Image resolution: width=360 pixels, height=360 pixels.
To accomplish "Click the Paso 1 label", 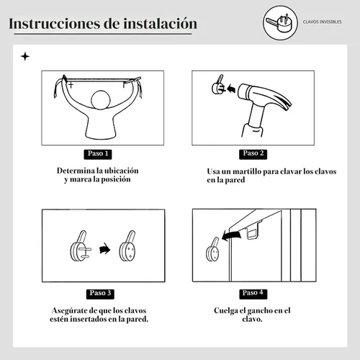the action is tap(98, 154).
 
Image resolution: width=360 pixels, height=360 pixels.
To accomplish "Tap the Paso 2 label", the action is tap(253, 154).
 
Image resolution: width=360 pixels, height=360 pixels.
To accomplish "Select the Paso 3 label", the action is tap(100, 294).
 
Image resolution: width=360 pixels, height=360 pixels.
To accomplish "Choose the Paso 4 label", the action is tap(253, 294).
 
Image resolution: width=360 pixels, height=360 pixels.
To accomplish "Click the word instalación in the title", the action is tap(160, 24).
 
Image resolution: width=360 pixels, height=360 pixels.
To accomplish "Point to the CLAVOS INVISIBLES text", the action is tap(322, 22).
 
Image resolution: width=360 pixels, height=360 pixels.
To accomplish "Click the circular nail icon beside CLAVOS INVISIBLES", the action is tap(280, 22).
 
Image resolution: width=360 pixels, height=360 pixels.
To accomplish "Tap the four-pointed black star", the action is tap(25, 57).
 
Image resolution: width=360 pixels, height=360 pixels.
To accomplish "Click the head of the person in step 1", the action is tap(101, 100).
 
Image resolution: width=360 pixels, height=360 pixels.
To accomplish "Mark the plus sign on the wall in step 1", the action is tap(71, 85).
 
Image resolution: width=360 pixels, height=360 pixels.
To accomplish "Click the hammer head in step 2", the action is tap(264, 96).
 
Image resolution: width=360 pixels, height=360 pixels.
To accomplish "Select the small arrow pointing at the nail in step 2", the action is tap(230, 89).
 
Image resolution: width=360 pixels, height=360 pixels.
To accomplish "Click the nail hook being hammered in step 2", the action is tap(217, 85).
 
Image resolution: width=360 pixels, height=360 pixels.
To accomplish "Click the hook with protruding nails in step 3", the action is tap(80, 246).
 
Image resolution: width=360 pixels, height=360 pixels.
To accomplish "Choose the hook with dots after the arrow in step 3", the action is tap(127, 246).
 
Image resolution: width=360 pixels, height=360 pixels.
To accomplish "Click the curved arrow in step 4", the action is tap(231, 235).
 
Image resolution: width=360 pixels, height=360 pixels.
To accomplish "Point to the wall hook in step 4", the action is tap(212, 250).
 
